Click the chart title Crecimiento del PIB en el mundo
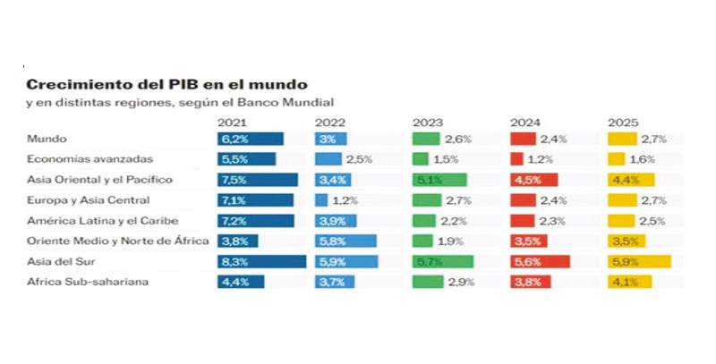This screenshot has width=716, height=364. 166,85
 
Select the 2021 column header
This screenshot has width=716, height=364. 232,122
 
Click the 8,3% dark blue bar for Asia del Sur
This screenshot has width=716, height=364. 261,261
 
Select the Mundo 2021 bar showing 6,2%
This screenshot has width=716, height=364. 251,139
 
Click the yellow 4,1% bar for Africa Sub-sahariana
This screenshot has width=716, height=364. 628,282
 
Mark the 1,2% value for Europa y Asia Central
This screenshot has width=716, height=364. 345,200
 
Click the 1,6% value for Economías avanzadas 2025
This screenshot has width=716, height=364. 643,159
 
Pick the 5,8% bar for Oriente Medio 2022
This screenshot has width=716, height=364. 345,241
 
